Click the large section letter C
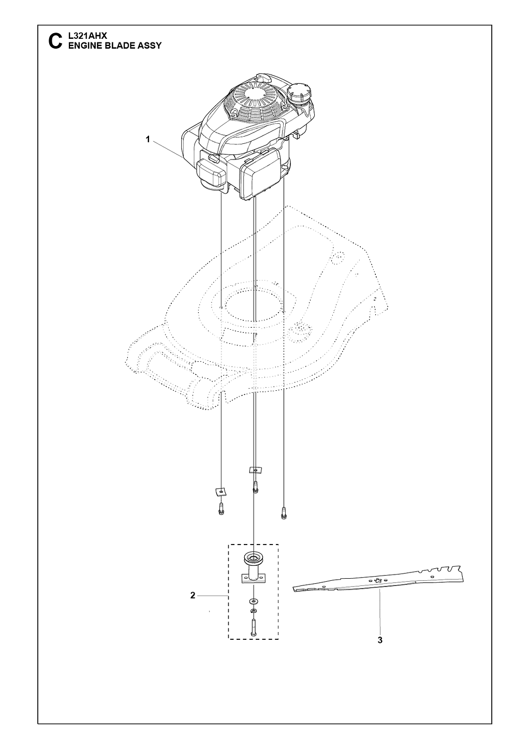[55, 41]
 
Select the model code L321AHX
[87, 36]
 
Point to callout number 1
[148, 139]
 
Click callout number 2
[193, 595]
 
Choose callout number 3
[380, 640]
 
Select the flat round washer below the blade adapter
[254, 601]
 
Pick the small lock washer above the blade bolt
[254, 611]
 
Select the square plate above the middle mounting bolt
[256, 470]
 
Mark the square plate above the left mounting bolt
[219, 491]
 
